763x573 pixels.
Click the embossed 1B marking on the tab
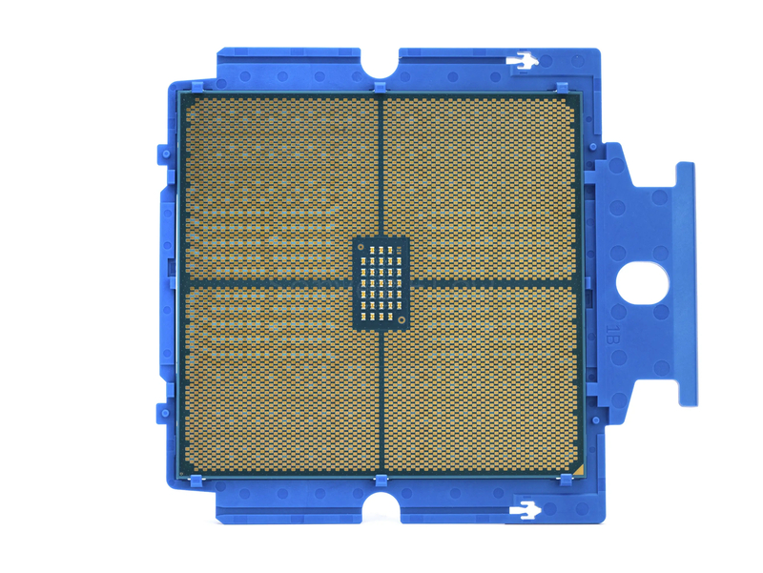(613, 336)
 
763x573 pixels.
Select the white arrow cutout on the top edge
(520, 62)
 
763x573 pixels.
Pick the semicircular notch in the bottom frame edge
(380, 502)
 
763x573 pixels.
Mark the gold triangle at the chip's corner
(575, 468)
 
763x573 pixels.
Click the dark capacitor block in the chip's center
(381, 283)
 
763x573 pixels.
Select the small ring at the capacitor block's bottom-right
(402, 321)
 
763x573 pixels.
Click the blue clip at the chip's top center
(380, 88)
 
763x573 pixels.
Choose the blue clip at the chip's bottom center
(380, 480)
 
